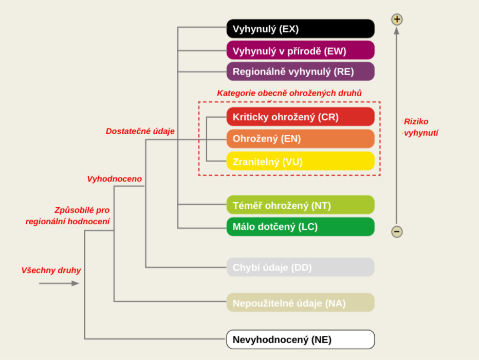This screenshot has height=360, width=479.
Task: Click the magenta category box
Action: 300,50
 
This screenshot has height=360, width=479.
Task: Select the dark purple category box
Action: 300,71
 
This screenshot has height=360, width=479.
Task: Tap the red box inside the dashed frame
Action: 300,117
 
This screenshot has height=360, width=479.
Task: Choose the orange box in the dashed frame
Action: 300,139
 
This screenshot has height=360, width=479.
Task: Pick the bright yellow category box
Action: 300,161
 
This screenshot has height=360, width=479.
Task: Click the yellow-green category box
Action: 300,205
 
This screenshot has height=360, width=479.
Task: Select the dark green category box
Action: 300,227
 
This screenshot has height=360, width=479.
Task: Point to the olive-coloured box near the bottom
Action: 300,302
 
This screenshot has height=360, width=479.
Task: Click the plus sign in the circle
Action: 397,20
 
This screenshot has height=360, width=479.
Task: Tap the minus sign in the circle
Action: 397,231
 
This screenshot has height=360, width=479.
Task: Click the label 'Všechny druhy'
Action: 51,271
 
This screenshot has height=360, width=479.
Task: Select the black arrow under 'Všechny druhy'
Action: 59,283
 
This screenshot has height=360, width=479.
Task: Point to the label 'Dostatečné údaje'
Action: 140,132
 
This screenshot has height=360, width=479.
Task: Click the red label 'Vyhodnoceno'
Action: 114,179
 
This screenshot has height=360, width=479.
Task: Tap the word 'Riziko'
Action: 416,122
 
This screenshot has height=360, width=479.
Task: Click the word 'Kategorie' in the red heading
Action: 234,94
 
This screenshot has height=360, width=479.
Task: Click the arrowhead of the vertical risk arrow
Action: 396,30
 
